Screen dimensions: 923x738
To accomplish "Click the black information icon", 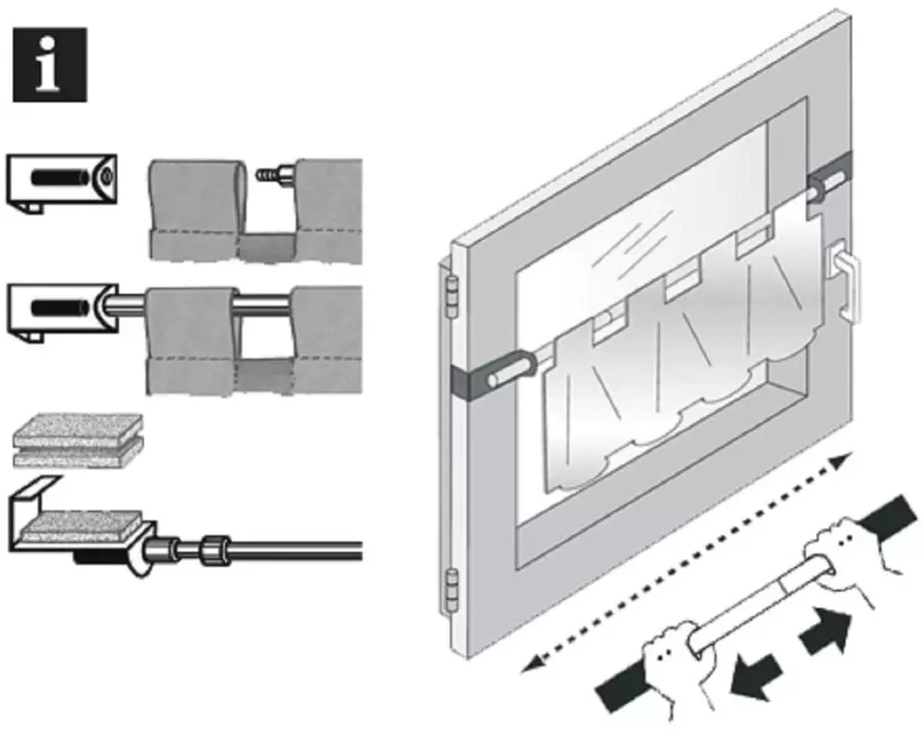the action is coord(50,65).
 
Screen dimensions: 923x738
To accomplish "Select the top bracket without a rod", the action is coord(61,181).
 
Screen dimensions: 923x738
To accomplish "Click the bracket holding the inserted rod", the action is coord(61,311).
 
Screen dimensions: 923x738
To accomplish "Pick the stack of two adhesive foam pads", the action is coord(78,440).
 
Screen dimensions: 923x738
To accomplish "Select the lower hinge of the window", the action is coord(451,590).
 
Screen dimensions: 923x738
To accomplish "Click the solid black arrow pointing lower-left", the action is coord(755,677).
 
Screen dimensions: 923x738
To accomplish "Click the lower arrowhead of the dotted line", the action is coord(532,663).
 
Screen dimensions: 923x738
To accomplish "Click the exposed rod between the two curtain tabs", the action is coord(264,303).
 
